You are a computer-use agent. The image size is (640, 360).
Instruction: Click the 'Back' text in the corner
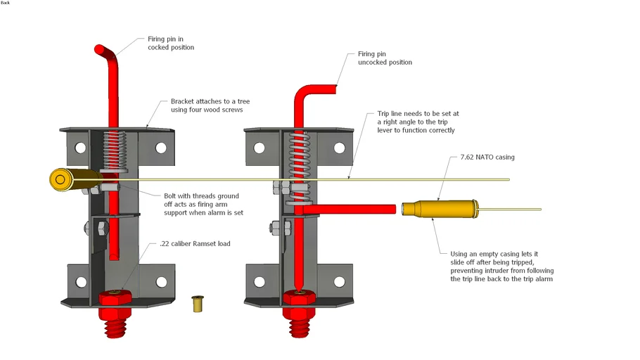click(6, 3)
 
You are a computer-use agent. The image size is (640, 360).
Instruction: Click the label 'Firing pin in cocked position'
click(170, 44)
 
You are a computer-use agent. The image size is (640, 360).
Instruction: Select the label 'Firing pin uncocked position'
click(385, 58)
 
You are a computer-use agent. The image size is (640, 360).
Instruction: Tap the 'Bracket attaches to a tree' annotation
click(210, 105)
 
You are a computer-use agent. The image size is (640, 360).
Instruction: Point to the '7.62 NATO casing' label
click(487, 157)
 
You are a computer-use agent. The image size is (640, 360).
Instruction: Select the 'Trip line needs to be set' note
click(416, 122)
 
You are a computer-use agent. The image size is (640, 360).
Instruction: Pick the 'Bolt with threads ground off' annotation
click(203, 204)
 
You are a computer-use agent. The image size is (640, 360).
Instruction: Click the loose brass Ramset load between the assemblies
click(198, 304)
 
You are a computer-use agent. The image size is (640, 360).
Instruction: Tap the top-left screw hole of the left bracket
click(79, 148)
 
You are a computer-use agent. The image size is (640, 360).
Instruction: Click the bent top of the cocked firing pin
click(106, 53)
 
